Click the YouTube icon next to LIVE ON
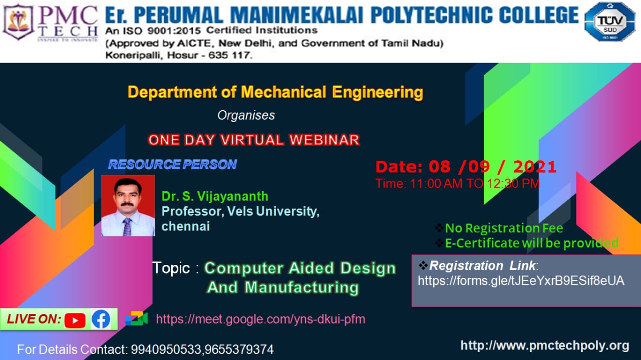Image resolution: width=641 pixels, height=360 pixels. (x=75, y=320)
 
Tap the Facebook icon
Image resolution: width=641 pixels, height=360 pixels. (x=101, y=319)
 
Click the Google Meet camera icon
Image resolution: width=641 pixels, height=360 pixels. (x=137, y=318)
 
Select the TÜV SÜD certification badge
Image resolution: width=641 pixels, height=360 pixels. (x=610, y=22)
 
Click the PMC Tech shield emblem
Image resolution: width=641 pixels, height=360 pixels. (x=19, y=22)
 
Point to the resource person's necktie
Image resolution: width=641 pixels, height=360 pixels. (x=127, y=227)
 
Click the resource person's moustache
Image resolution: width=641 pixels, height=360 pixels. (x=127, y=204)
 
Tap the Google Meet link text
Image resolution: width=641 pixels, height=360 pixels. (x=260, y=319)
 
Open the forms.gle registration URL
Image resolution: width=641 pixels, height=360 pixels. (x=521, y=281)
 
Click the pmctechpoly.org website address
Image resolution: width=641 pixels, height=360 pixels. (x=545, y=345)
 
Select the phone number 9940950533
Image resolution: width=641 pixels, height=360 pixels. (x=166, y=349)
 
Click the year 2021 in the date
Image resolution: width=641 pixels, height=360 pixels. (x=534, y=167)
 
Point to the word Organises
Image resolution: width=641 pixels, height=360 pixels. (x=246, y=115)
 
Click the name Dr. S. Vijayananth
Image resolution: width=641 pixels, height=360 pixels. (x=215, y=196)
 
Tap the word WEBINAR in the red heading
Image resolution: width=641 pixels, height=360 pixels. (x=324, y=140)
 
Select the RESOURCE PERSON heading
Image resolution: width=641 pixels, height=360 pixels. (x=173, y=165)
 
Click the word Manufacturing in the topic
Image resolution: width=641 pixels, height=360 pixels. (x=301, y=287)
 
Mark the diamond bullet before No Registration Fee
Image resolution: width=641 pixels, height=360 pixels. (x=439, y=228)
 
